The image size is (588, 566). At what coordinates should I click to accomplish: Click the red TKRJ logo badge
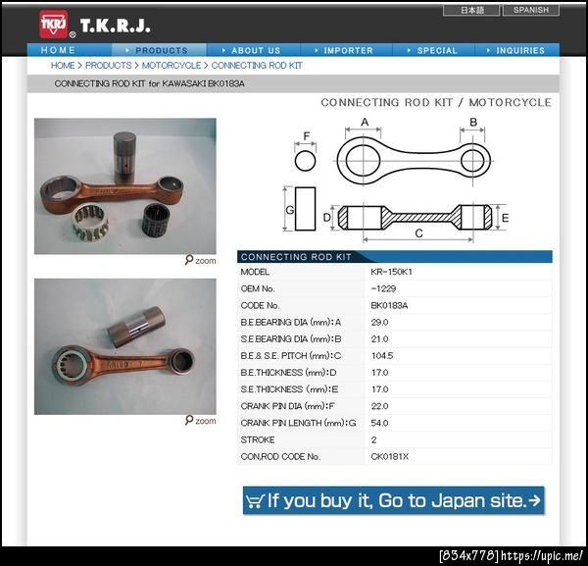[x=54, y=25]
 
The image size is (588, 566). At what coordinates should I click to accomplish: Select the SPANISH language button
[x=530, y=10]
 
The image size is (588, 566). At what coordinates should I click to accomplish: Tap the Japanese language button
[x=471, y=10]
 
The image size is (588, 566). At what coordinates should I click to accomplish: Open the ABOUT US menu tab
[x=254, y=50]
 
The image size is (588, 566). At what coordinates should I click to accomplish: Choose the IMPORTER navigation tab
[x=346, y=50]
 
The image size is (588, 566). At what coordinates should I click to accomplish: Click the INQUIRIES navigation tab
[x=517, y=50]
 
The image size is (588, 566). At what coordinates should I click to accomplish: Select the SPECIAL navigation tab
[x=433, y=50]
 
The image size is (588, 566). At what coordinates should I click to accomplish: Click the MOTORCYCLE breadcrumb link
[x=171, y=66]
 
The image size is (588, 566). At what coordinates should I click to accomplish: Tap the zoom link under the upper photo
[x=201, y=260]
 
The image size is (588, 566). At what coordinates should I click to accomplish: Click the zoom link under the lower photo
[x=201, y=421]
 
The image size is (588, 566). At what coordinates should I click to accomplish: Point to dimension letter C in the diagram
[x=418, y=233]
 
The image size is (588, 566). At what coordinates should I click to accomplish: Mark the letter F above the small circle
[x=307, y=136]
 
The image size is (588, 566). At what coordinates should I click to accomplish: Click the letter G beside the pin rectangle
[x=289, y=210]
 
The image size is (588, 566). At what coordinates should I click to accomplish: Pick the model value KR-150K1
[x=391, y=272]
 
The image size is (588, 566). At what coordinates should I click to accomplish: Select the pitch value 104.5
[x=382, y=356]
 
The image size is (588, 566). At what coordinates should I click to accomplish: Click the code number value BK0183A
[x=389, y=305]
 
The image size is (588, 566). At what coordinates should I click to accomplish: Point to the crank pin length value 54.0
[x=379, y=423]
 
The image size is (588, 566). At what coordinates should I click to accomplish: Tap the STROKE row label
[x=258, y=439]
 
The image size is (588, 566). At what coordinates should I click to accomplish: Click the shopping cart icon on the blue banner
[x=255, y=501]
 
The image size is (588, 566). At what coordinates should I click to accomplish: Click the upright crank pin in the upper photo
[x=124, y=158]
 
